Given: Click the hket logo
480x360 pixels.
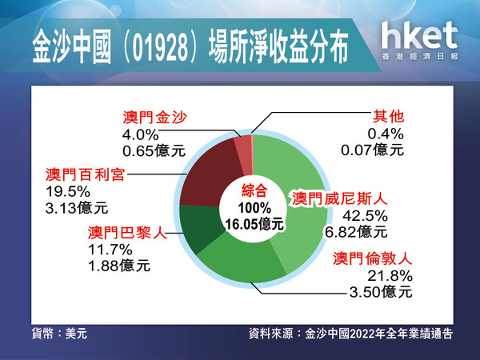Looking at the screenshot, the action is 420,40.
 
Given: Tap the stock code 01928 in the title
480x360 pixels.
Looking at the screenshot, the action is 160,49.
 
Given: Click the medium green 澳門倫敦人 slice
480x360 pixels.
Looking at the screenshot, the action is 242,260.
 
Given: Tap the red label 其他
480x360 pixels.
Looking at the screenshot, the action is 388,117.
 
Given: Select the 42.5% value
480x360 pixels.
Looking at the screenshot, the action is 365,216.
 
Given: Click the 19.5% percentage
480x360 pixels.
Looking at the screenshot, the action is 68,192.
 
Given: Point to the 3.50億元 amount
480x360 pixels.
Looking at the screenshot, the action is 381,292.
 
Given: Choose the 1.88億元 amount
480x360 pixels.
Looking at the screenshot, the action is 119,266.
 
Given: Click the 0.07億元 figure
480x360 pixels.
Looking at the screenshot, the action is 372,150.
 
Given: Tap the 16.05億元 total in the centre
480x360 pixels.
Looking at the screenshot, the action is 254,224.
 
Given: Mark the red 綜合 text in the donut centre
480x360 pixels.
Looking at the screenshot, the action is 254,190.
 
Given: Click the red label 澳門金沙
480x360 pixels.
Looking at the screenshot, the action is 155,118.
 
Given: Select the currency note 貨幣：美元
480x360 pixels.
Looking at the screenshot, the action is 59,334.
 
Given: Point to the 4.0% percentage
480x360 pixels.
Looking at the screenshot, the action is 141,135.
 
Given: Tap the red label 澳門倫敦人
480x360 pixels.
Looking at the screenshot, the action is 373,259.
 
